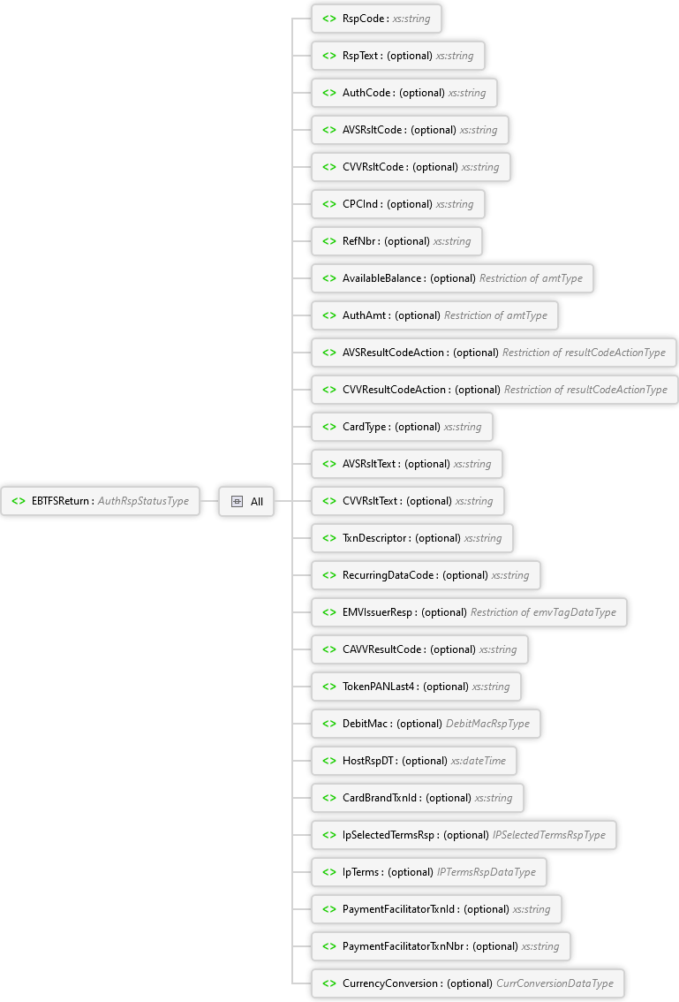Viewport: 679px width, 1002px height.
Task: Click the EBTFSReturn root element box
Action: pos(101,501)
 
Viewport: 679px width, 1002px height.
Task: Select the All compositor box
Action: pos(246,501)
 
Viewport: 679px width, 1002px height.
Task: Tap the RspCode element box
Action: pos(376,19)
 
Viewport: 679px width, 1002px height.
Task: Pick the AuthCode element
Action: pos(404,93)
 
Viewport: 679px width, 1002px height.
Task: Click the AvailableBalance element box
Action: pos(453,278)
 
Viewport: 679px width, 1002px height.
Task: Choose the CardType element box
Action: pos(402,427)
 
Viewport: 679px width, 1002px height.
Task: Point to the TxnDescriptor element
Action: pos(411,538)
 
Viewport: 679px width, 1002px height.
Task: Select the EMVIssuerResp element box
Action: pos(469,612)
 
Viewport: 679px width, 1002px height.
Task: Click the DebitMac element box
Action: pos(426,724)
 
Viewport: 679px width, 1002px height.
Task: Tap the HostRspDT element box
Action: pos(414,761)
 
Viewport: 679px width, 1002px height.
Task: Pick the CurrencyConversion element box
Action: pos(469,983)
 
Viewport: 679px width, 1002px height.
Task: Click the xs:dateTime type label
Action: pos(479,761)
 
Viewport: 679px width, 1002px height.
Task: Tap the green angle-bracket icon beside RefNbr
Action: pos(328,241)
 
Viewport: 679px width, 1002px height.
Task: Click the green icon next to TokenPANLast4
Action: pos(328,687)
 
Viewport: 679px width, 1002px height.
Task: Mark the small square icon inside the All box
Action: pos(237,501)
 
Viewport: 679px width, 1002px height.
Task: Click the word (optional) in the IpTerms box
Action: pos(411,872)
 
